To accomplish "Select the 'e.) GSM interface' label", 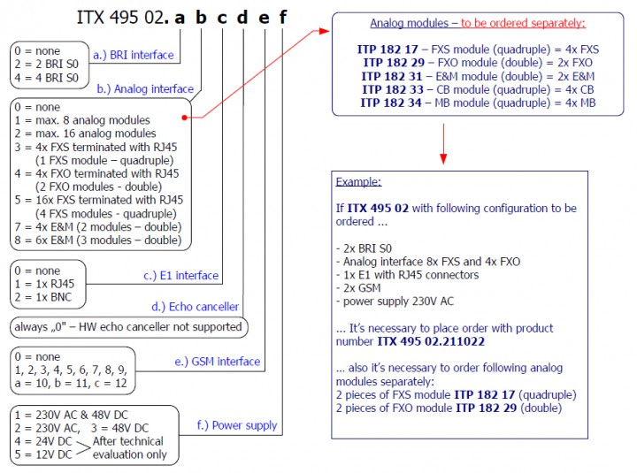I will (x=219, y=361).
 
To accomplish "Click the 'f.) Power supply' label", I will (x=237, y=425).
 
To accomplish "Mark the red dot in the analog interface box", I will (x=184, y=116).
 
